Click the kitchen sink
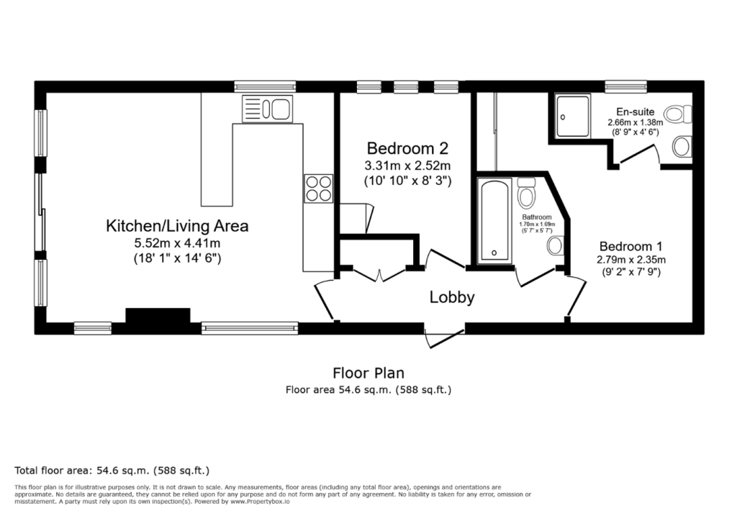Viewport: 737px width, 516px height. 268,109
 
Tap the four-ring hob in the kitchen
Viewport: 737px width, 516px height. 318,188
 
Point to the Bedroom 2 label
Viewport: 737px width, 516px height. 407,149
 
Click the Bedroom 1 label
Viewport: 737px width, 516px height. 630,244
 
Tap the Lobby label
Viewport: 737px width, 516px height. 452,297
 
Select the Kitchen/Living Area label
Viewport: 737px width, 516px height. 177,226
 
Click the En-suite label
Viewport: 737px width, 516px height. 635,112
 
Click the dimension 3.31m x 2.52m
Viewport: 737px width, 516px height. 407,166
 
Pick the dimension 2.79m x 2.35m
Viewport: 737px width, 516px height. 630,259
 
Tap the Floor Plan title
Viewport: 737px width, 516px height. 368,373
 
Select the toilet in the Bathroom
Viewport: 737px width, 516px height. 526,192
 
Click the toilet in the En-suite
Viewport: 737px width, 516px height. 677,114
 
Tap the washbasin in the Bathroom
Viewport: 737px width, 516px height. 555,246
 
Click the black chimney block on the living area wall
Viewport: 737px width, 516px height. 158,316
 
